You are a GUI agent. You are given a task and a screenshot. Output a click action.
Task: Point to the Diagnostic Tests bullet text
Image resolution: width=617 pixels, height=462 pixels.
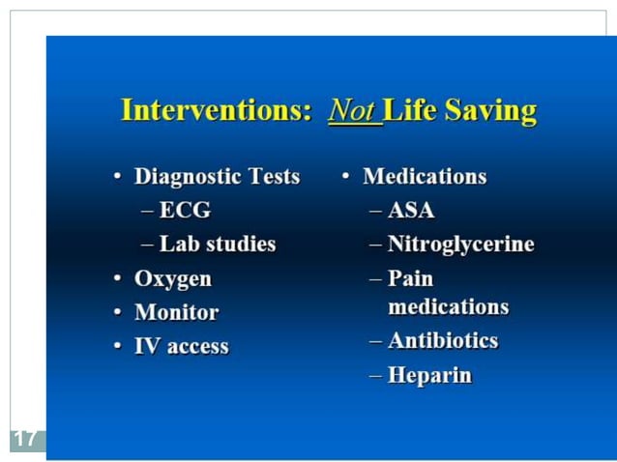(x=217, y=177)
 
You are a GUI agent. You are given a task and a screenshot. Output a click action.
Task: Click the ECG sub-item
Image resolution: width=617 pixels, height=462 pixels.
(x=185, y=210)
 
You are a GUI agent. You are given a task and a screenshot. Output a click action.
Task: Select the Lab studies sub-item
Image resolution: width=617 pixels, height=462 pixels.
(x=218, y=244)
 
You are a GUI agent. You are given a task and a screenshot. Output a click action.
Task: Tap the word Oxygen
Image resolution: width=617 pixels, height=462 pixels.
(x=173, y=278)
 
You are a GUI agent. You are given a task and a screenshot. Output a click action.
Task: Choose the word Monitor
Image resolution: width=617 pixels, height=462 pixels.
(x=176, y=312)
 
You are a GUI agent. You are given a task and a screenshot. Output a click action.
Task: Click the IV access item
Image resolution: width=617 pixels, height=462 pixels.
(x=181, y=346)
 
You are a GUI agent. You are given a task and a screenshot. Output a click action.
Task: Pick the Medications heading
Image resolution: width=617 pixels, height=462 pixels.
(x=425, y=177)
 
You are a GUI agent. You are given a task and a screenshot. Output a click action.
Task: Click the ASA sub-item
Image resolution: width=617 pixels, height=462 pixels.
(x=411, y=210)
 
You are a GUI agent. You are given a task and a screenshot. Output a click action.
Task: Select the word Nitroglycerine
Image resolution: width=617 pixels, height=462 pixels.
(x=460, y=244)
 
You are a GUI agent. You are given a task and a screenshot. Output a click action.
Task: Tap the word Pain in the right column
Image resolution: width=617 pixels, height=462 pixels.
(x=410, y=278)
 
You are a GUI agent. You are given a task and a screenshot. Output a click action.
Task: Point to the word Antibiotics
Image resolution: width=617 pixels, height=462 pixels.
(x=443, y=340)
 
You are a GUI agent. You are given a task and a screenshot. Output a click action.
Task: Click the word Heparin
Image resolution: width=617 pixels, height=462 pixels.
(x=429, y=375)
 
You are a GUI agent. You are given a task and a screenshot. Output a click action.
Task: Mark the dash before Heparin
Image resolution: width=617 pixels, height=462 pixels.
(x=375, y=376)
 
